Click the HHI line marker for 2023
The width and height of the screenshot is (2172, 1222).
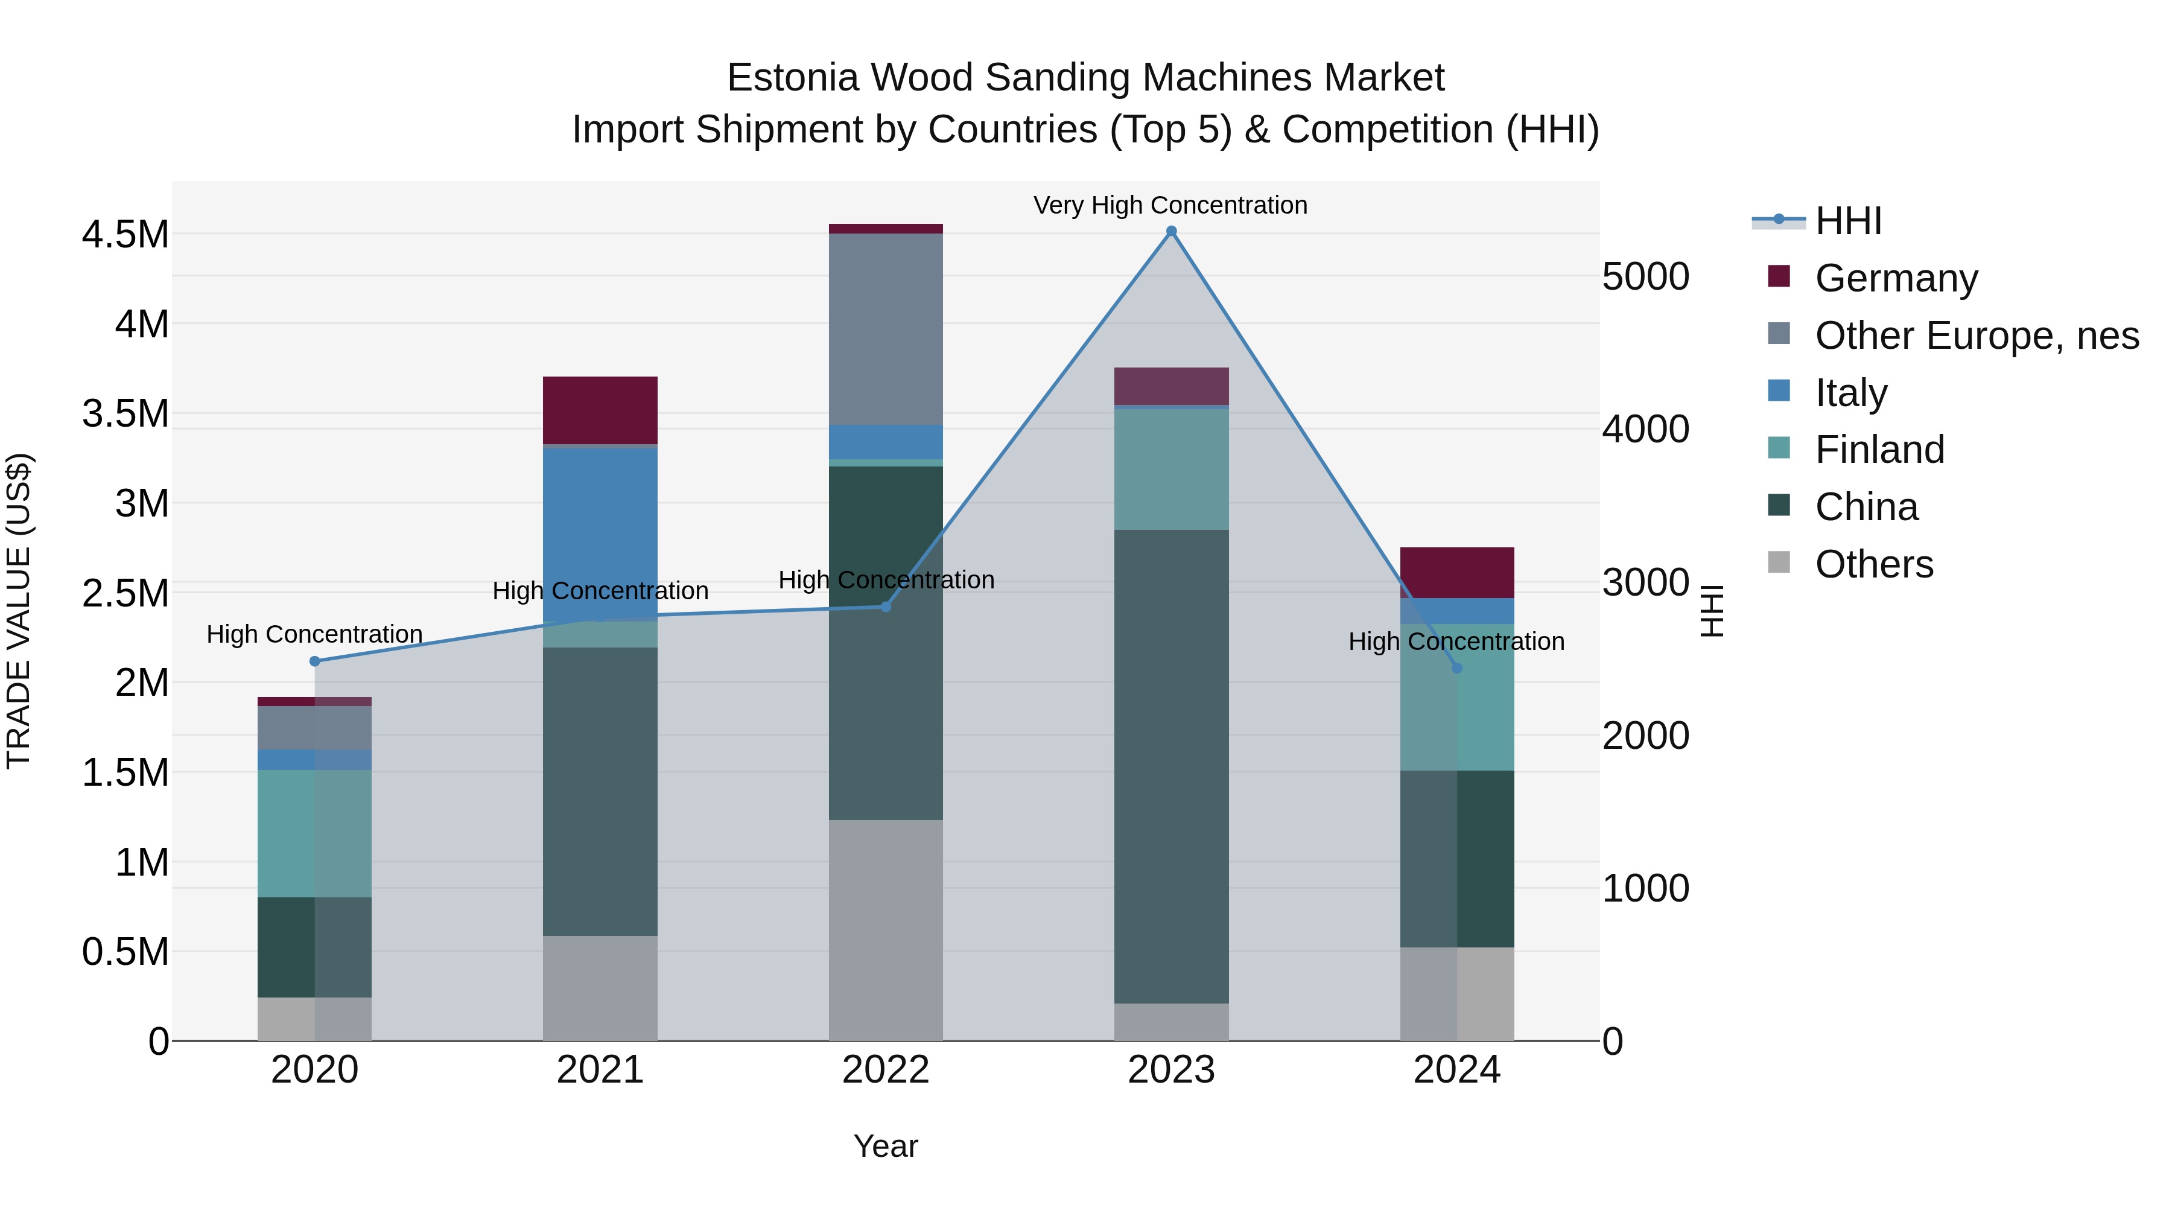pos(1171,231)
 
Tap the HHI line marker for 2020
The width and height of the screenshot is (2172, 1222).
pos(314,661)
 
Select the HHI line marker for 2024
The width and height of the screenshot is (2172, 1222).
pos(1457,668)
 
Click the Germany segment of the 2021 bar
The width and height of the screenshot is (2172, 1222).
pos(600,410)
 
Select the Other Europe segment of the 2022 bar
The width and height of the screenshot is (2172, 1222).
pos(885,329)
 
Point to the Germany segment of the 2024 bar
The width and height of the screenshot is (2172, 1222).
pos(1457,573)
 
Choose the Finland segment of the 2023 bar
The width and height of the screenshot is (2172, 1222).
pos(1171,469)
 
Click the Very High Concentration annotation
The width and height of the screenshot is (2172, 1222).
pos(1170,205)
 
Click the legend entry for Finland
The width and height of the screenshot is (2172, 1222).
pos(1879,450)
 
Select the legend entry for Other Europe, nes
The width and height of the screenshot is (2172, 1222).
pos(1975,336)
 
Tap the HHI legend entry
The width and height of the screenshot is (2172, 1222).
pos(1847,221)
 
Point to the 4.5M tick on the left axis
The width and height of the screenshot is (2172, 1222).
pos(125,235)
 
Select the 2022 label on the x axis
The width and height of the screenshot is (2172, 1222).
pos(885,1070)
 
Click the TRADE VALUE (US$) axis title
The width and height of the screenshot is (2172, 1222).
pos(19,611)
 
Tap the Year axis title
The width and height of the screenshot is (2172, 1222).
pos(885,1146)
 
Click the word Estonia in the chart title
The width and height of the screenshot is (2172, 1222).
pos(793,78)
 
